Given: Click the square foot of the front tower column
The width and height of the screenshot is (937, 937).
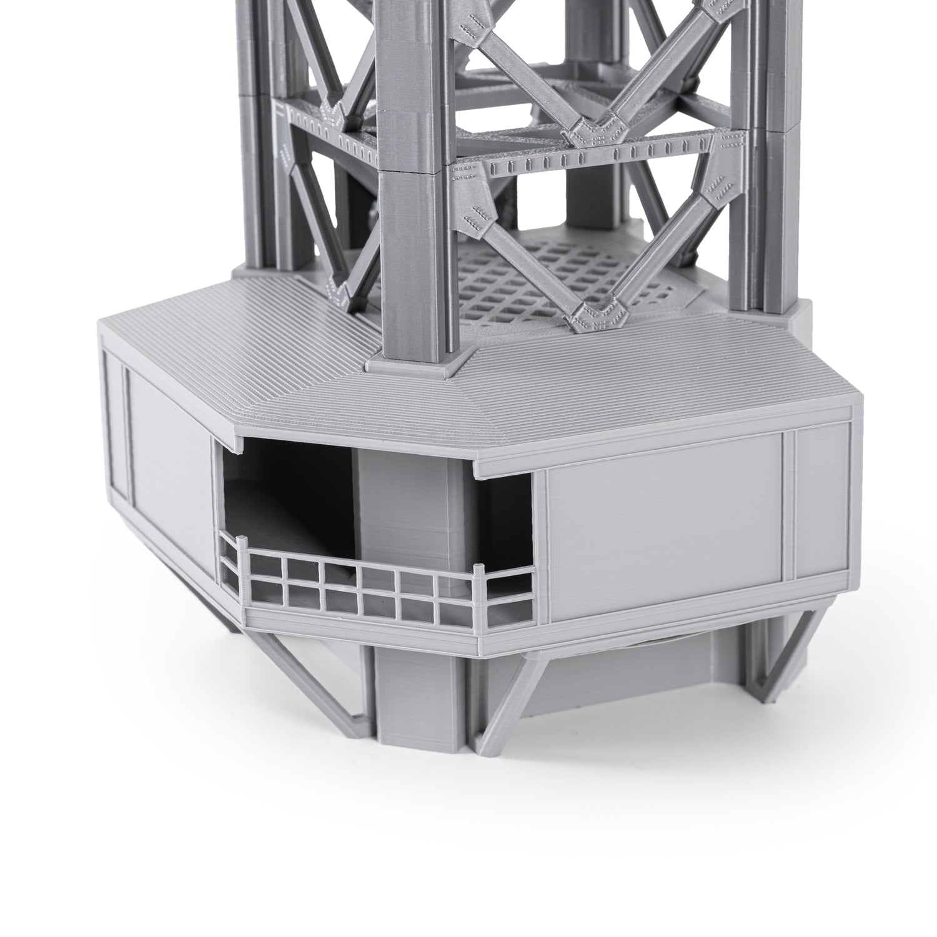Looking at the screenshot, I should click(415, 362).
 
